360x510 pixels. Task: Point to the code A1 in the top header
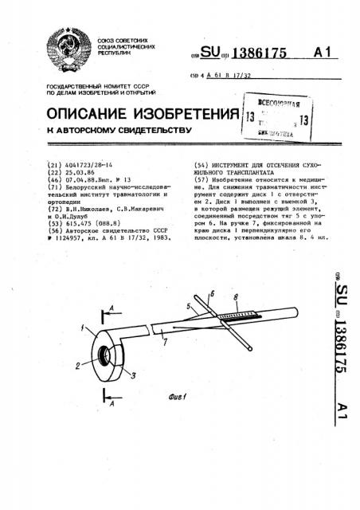point(321,52)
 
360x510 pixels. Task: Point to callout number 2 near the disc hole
point(76,366)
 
